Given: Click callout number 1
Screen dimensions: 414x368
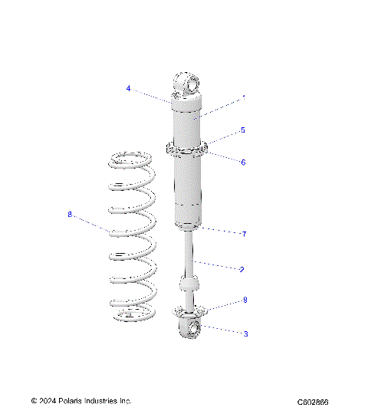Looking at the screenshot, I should (x=244, y=98).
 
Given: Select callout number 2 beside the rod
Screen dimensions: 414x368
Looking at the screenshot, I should (x=242, y=269).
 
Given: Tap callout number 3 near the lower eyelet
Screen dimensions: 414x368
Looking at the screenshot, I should (x=245, y=333).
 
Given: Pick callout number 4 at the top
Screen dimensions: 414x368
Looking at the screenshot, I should (x=129, y=88).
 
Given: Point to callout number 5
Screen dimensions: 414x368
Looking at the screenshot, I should (x=242, y=130).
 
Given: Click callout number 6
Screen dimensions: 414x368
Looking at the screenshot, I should (x=242, y=162).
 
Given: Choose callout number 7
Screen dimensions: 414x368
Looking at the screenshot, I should (x=243, y=233).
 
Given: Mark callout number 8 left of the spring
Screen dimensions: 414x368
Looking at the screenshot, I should (x=70, y=215).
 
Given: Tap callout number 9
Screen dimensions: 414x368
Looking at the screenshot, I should (x=245, y=300).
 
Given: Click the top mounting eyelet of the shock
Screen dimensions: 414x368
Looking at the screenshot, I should (x=187, y=82).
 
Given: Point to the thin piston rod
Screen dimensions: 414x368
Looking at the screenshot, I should (x=189, y=253).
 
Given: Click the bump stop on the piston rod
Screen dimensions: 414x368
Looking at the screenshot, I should (x=189, y=285).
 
